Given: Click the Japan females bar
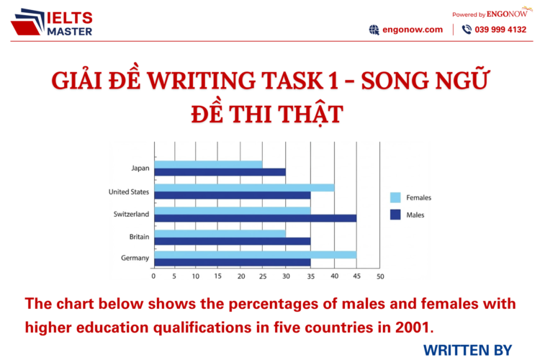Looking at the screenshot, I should pos(209,164).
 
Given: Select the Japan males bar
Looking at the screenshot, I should pos(220,172).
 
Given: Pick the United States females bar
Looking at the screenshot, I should pos(244,187).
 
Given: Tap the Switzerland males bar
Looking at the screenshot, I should pos(255,217).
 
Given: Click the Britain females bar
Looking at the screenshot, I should pos(220,233).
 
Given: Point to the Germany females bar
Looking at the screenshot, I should pos(255,255).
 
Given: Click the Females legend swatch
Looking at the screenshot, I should pos(395,197).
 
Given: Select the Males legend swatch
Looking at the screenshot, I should pos(395,214).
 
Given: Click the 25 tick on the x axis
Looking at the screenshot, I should pos(262,276).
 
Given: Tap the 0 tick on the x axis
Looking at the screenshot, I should pos(154,276).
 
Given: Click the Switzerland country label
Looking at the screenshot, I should pos(130,214).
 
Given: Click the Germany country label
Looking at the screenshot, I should pos(135,258).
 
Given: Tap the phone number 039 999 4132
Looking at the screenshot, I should pos(500,30).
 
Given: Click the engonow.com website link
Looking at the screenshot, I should pos(413,30).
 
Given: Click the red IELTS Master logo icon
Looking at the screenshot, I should pos(27,22).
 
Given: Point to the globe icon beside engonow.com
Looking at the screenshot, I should pos(374,30).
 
